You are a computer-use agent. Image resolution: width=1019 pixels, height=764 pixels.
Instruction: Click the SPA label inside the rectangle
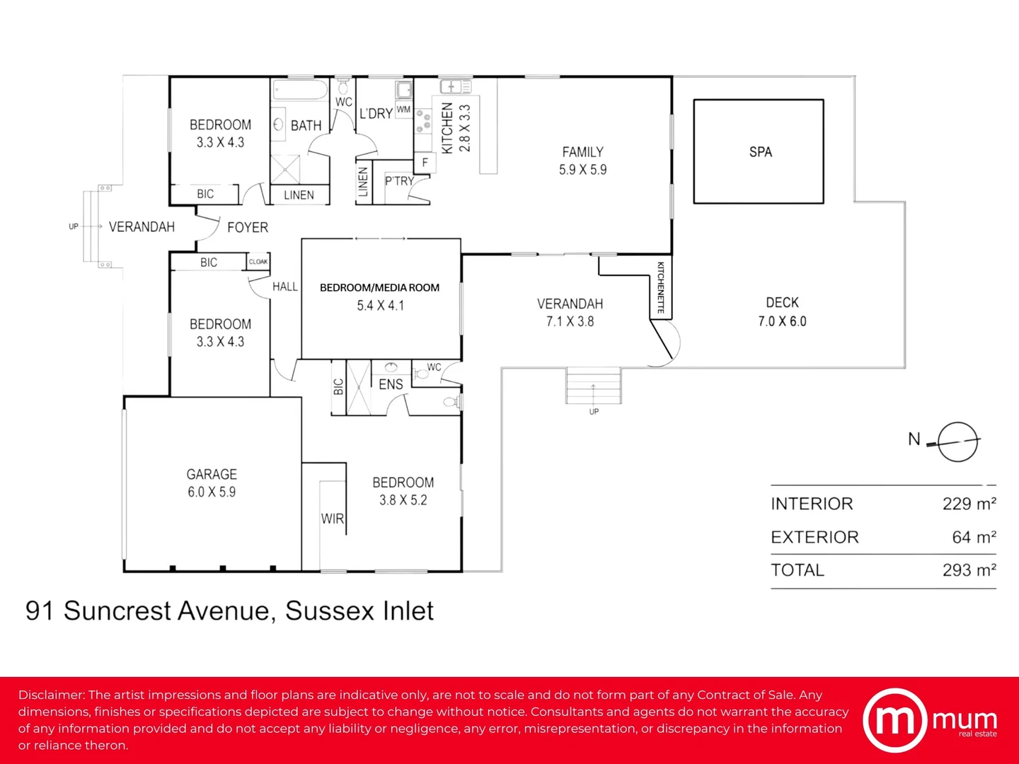point(760,152)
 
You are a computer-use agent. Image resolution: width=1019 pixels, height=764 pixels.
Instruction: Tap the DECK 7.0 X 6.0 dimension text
point(782,321)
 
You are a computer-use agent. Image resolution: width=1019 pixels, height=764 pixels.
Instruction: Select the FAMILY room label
point(582,152)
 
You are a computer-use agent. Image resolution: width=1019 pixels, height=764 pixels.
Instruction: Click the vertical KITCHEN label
point(447,128)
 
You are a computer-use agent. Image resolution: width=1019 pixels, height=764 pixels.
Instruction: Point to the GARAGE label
point(212,475)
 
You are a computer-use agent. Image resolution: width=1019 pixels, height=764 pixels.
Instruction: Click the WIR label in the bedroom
point(332,519)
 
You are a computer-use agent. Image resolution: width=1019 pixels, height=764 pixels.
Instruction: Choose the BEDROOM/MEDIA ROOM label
point(379,288)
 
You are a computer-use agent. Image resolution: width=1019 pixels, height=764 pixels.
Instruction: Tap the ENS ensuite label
point(391,385)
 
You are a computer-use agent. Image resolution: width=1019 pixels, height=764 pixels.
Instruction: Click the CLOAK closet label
point(258,262)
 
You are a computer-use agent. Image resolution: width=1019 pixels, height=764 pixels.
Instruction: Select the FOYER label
point(248,228)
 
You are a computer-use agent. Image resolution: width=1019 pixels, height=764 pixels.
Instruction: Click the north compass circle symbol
point(957,442)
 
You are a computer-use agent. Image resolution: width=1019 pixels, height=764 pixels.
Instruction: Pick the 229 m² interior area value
point(969,504)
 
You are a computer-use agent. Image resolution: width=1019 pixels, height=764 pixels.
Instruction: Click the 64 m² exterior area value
point(974,538)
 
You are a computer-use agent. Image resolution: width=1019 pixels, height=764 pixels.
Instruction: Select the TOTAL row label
point(798,570)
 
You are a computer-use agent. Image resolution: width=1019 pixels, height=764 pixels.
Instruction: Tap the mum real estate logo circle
point(894,720)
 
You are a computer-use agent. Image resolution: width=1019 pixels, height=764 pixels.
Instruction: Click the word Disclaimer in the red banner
point(52,695)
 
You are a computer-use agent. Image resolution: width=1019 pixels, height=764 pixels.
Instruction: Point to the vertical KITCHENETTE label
point(661,288)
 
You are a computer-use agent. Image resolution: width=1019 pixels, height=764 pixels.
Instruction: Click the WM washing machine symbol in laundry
point(403,110)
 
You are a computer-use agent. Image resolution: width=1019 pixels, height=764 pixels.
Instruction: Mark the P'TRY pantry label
point(399,181)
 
